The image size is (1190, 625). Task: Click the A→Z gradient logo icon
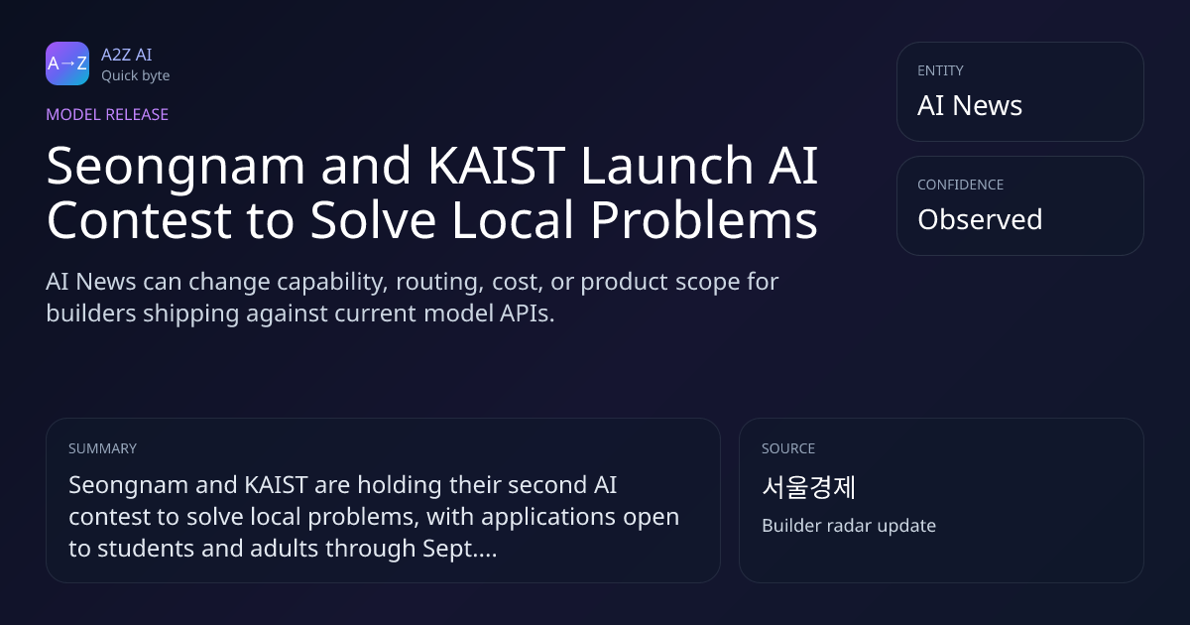pyautogui.click(x=67, y=63)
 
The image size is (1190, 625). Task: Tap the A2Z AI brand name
pyautogui.click(x=127, y=55)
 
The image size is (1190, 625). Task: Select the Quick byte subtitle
pyautogui.click(x=136, y=76)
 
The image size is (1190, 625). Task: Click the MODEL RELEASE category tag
pyautogui.click(x=107, y=114)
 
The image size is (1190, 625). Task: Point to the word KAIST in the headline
pyautogui.click(x=497, y=166)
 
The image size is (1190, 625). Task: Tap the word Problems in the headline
pyautogui.click(x=704, y=220)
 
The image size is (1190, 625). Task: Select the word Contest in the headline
pyautogui.click(x=139, y=220)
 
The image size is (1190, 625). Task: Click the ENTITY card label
pyautogui.click(x=940, y=70)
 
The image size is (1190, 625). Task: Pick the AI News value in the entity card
pyautogui.click(x=970, y=105)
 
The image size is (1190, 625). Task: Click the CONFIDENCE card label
pyautogui.click(x=961, y=185)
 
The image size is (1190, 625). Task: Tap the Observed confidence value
pyautogui.click(x=980, y=219)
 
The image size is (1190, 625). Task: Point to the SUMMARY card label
pyautogui.click(x=102, y=448)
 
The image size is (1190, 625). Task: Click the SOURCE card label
pyautogui.click(x=788, y=448)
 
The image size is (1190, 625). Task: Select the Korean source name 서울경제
pyautogui.click(x=808, y=487)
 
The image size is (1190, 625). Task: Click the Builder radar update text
pyautogui.click(x=849, y=526)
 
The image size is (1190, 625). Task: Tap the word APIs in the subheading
pyautogui.click(x=527, y=313)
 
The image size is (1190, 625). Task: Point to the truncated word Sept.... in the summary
pyautogui.click(x=460, y=550)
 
